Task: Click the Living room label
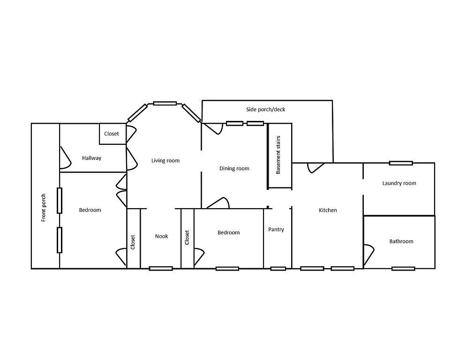point(165,161)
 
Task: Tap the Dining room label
point(234,169)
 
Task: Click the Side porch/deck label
point(265,110)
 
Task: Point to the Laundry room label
point(399,183)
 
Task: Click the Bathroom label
point(401,241)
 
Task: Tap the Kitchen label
point(328,210)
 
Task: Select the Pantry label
point(276,230)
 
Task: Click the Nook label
point(161,236)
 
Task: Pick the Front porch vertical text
point(44,208)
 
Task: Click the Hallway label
point(91,158)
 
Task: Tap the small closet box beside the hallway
point(112,134)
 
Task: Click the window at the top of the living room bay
point(165,103)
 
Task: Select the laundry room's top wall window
point(401,163)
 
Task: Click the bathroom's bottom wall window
point(403,269)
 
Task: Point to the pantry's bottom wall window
point(278,269)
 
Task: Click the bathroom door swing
point(369,254)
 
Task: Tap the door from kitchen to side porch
point(315,167)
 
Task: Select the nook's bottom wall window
point(161,269)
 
